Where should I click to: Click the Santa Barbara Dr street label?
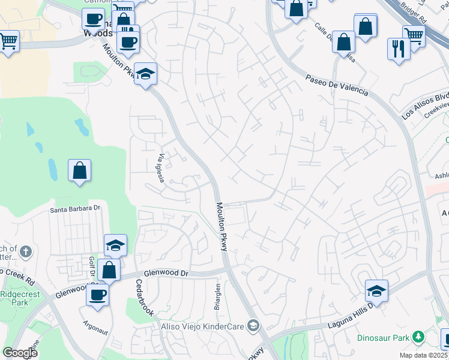pyautogui.click(x=75, y=209)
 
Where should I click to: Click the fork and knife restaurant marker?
pyautogui.click(x=399, y=48)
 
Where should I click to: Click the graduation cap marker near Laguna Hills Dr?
pyautogui.click(x=376, y=290)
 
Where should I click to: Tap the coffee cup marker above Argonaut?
pyautogui.click(x=97, y=294)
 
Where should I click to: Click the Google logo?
pyautogui.click(x=20, y=352)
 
